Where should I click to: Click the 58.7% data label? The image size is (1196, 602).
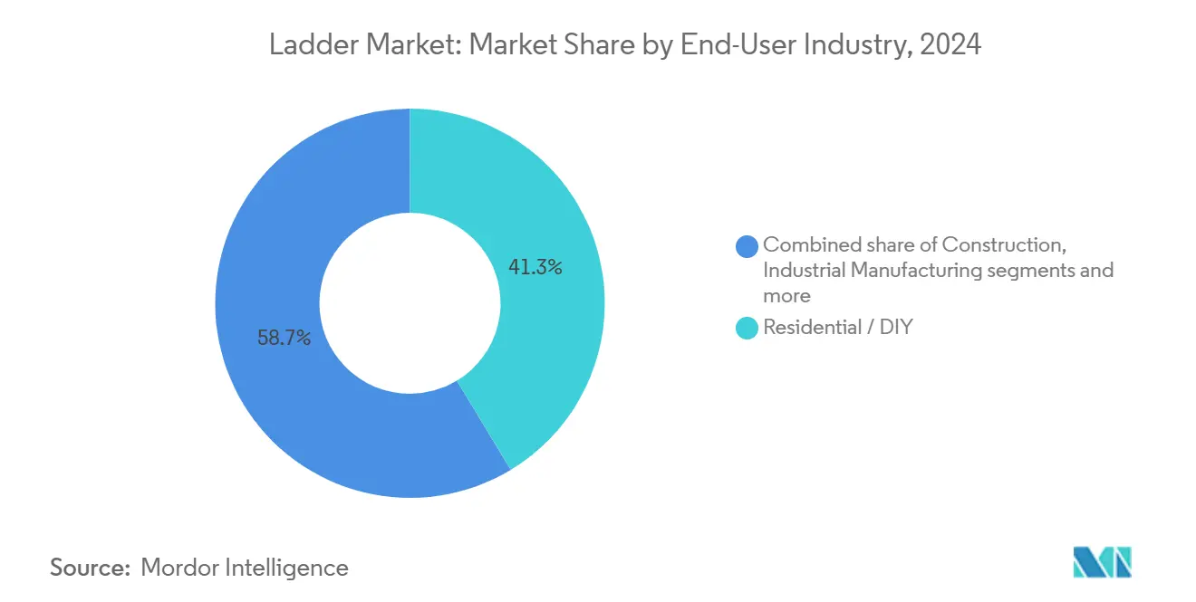(284, 339)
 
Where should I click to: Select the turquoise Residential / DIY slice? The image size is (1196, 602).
(544, 344)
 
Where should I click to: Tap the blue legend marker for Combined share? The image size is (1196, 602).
(747, 245)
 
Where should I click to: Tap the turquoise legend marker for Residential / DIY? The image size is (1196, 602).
(747, 328)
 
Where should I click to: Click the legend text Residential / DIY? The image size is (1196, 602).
(837, 328)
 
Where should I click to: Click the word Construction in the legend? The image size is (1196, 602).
(1001, 244)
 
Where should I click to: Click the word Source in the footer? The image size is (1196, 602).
(88, 568)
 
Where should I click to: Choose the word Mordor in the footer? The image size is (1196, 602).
(181, 568)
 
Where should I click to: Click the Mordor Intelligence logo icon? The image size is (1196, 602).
(1102, 562)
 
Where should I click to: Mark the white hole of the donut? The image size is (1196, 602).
(410, 303)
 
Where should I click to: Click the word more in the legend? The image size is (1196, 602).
(786, 295)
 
